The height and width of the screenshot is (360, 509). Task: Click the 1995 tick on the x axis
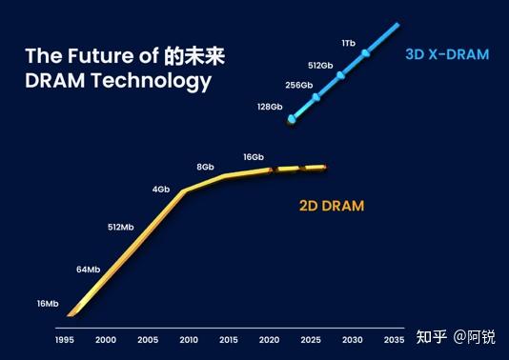tap(65, 340)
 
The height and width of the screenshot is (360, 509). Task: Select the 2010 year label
tap(189, 340)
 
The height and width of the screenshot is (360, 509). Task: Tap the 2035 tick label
tap(394, 340)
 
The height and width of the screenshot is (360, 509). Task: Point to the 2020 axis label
tap(271, 340)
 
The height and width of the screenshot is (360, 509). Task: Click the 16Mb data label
tap(48, 304)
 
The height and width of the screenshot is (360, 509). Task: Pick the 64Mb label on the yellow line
tap(88, 270)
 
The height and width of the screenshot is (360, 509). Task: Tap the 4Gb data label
tap(161, 189)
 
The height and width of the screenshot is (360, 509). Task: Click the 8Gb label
tap(205, 167)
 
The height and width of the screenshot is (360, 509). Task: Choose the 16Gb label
tap(254, 156)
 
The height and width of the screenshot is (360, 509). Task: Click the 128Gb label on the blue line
tap(270, 107)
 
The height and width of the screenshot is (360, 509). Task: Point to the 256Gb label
tap(298, 85)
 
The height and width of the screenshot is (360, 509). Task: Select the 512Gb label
tap(321, 65)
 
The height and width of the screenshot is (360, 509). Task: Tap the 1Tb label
tap(349, 44)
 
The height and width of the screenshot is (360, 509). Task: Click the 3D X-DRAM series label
tap(446, 55)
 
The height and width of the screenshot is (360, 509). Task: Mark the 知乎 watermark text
tap(433, 336)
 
